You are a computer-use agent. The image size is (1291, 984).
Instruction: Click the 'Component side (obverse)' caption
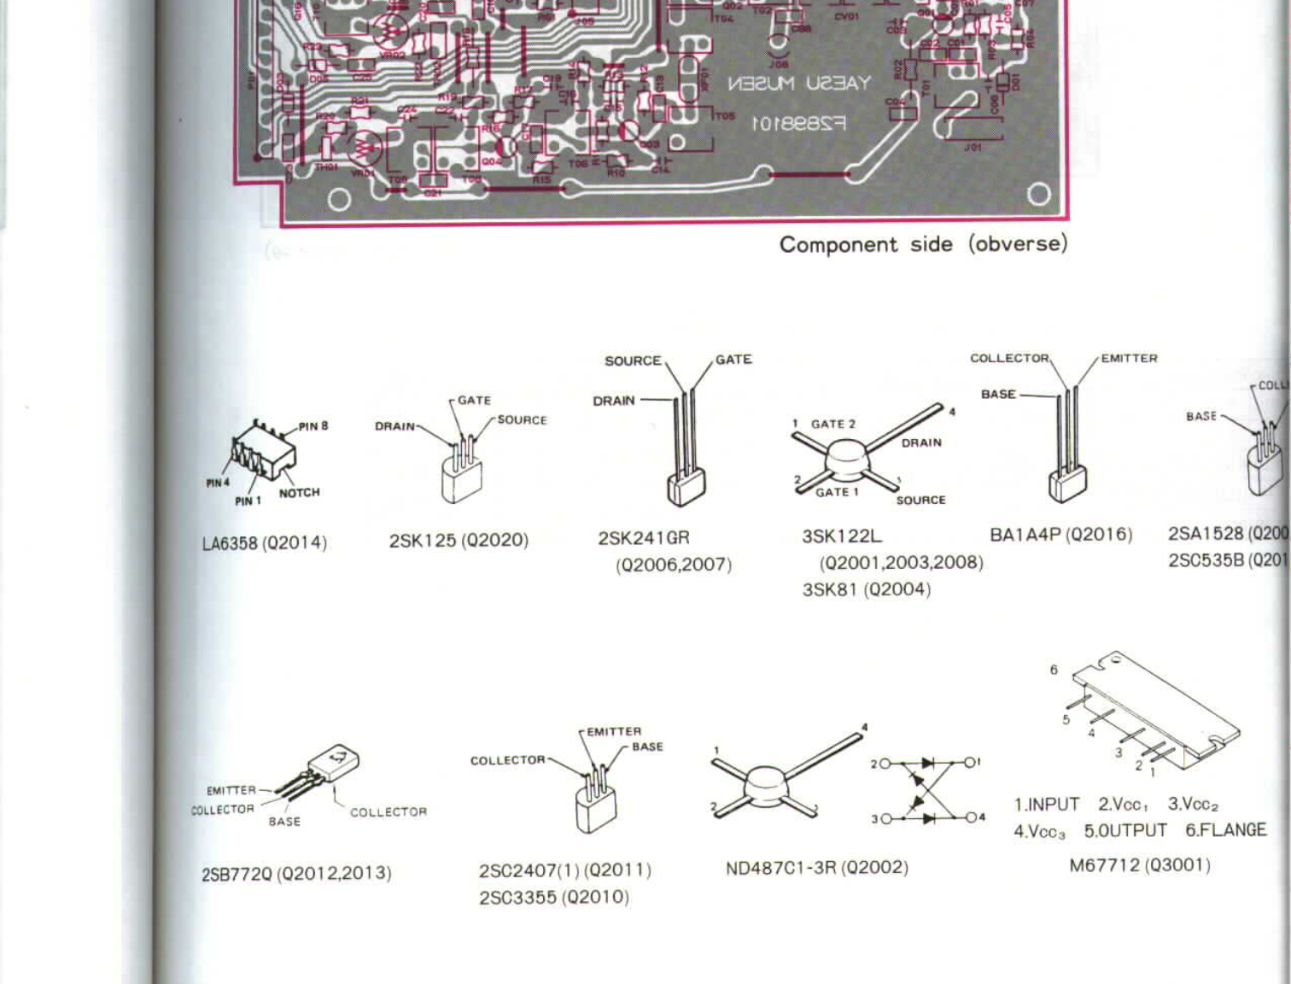click(x=923, y=244)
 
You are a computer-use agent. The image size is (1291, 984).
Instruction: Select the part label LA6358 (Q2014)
click(x=265, y=543)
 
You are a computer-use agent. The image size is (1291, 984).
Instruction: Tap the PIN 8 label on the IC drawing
click(x=313, y=426)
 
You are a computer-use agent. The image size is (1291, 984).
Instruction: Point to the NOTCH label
click(x=299, y=493)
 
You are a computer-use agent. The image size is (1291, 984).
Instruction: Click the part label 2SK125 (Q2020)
click(x=459, y=541)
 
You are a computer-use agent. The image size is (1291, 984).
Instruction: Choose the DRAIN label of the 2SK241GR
click(x=614, y=401)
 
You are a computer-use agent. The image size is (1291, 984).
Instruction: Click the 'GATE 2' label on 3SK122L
click(x=832, y=424)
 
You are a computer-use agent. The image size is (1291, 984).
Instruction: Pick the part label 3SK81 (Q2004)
click(x=866, y=589)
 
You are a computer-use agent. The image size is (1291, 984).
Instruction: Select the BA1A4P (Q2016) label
click(x=1060, y=535)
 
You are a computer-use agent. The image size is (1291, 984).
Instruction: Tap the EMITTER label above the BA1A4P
click(x=1129, y=359)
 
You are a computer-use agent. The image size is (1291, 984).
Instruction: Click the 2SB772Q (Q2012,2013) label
click(x=296, y=874)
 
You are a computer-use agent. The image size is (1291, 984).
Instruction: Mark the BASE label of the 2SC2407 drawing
click(x=647, y=747)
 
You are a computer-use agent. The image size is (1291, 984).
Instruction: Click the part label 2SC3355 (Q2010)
click(x=554, y=898)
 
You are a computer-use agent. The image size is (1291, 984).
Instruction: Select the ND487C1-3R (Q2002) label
click(x=816, y=868)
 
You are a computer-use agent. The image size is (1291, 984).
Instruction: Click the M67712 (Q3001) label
click(x=1140, y=865)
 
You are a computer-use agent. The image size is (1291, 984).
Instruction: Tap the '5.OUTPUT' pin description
click(x=1125, y=831)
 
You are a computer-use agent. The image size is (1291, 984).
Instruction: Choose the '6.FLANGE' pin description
click(x=1225, y=830)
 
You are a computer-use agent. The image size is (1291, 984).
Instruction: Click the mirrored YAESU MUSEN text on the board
click(x=798, y=84)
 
